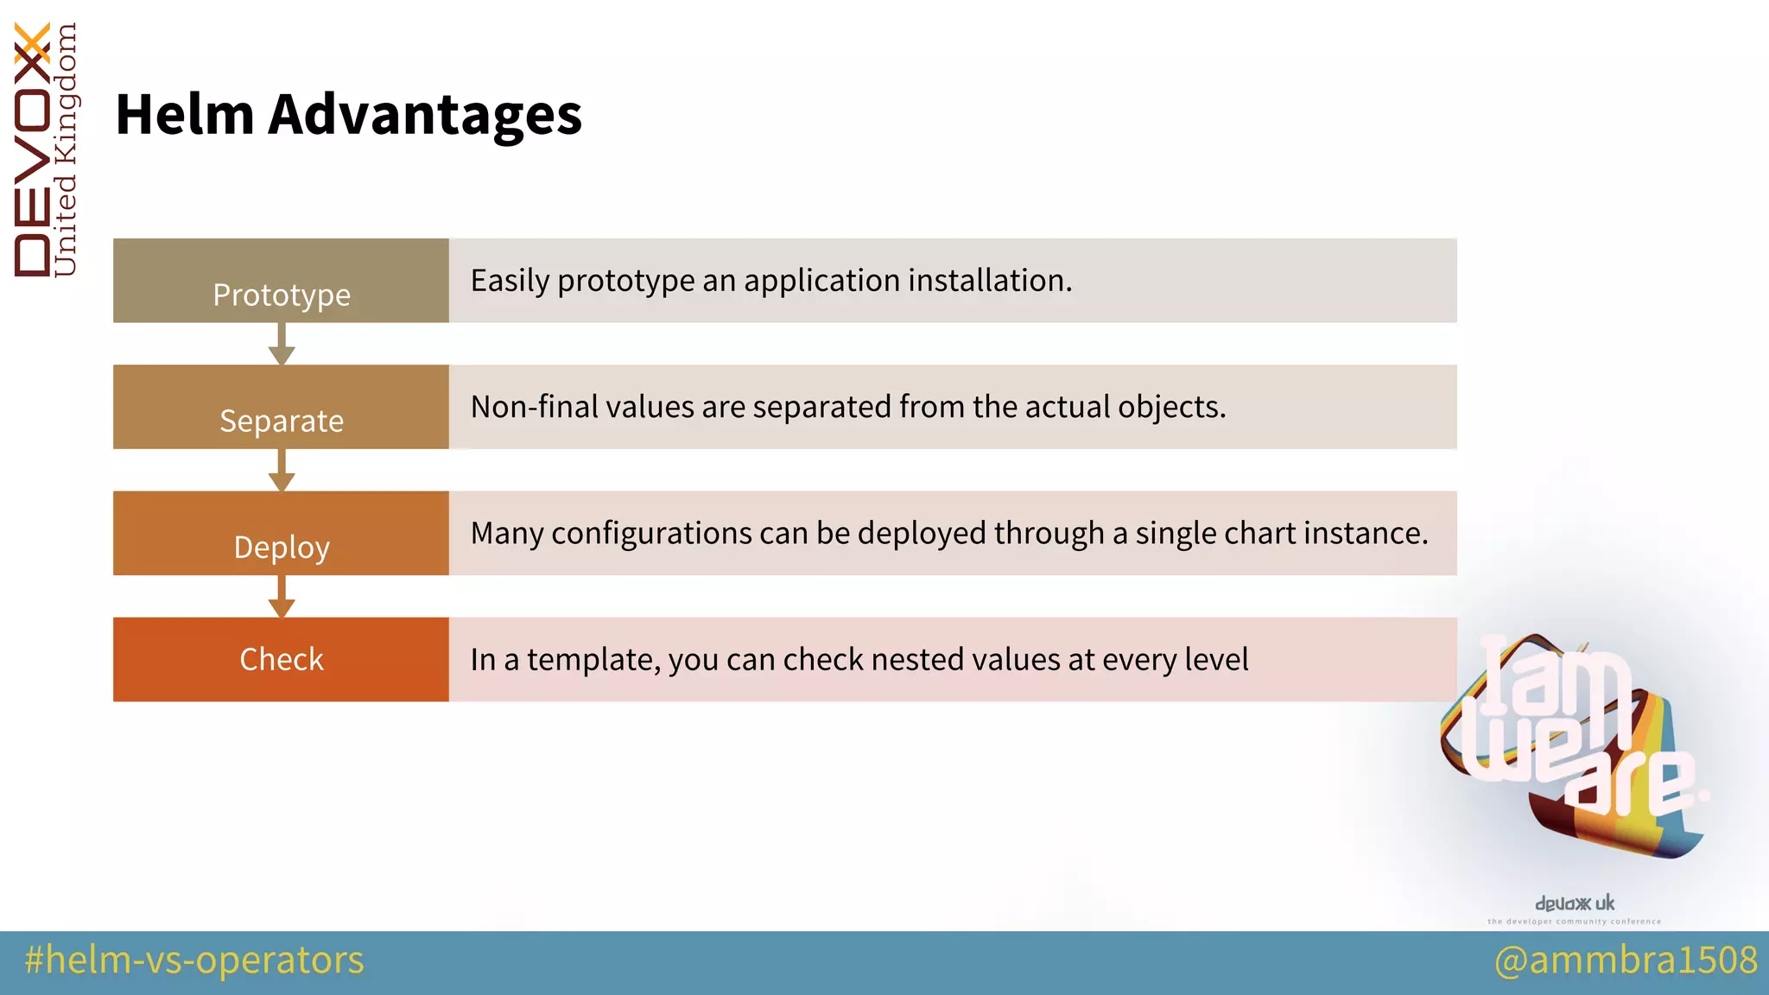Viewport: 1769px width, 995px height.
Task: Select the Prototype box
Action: pyautogui.click(x=281, y=281)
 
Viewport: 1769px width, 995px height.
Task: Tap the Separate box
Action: pyautogui.click(x=281, y=407)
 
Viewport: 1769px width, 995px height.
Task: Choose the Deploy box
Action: pyautogui.click(x=281, y=533)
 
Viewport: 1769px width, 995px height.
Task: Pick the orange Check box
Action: pyautogui.click(x=281, y=659)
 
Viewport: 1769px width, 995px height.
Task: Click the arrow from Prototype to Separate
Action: pyautogui.click(x=282, y=345)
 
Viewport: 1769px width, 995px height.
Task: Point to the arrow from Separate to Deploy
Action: pyautogui.click(x=282, y=471)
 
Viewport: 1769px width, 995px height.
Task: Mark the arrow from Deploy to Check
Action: pyautogui.click(x=282, y=597)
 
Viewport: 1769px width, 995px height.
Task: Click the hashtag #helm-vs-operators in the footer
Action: pyautogui.click(x=194, y=960)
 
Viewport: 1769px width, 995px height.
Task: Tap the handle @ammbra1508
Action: pyautogui.click(x=1626, y=960)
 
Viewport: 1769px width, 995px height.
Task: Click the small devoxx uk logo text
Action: pyautogui.click(x=1574, y=903)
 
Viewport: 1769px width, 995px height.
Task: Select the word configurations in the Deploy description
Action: pyautogui.click(x=651, y=534)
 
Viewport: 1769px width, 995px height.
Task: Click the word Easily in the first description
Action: pyautogui.click(x=510, y=281)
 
